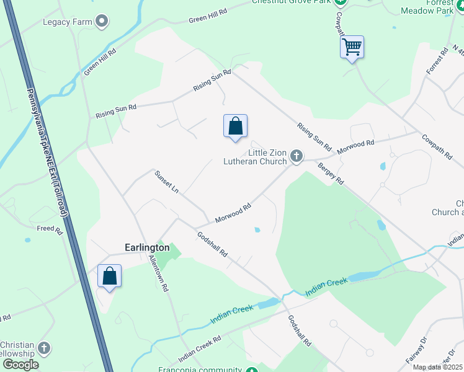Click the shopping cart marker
pyautogui.click(x=352, y=47)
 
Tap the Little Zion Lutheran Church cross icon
pyautogui.click(x=297, y=156)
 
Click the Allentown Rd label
pyautogui.click(x=158, y=274)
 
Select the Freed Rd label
pyautogui.click(x=50, y=229)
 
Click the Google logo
pyautogui.click(x=20, y=365)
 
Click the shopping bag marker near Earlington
pyautogui.click(x=109, y=277)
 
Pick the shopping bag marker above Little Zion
pyautogui.click(x=235, y=126)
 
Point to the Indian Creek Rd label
pyautogui.click(x=200, y=350)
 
